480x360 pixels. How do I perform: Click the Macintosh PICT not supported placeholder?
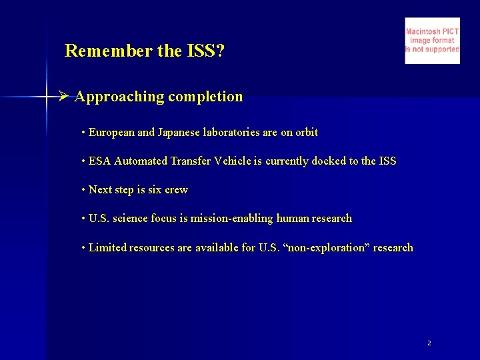pyautogui.click(x=432, y=41)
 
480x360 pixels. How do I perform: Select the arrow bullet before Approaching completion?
pyautogui.click(x=63, y=97)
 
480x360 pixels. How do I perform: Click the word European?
pyautogui.click(x=111, y=133)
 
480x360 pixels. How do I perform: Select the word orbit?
pyautogui.click(x=307, y=133)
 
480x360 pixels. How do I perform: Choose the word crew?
pyautogui.click(x=176, y=190)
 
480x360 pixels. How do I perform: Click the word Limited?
pyautogui.click(x=107, y=248)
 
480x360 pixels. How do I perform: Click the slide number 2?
pyautogui.click(x=429, y=343)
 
